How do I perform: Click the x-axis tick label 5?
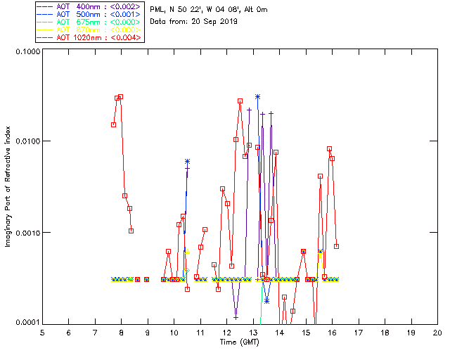(x=42, y=333)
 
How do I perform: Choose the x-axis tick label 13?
(x=253, y=333)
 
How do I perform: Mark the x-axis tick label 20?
(x=437, y=333)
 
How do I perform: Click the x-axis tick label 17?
(x=359, y=333)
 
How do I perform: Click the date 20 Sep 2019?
(x=213, y=22)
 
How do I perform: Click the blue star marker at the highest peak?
(x=258, y=96)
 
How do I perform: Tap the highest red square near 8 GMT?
(x=121, y=96)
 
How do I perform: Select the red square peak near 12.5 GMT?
(x=240, y=101)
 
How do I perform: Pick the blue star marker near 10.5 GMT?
(x=187, y=162)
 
